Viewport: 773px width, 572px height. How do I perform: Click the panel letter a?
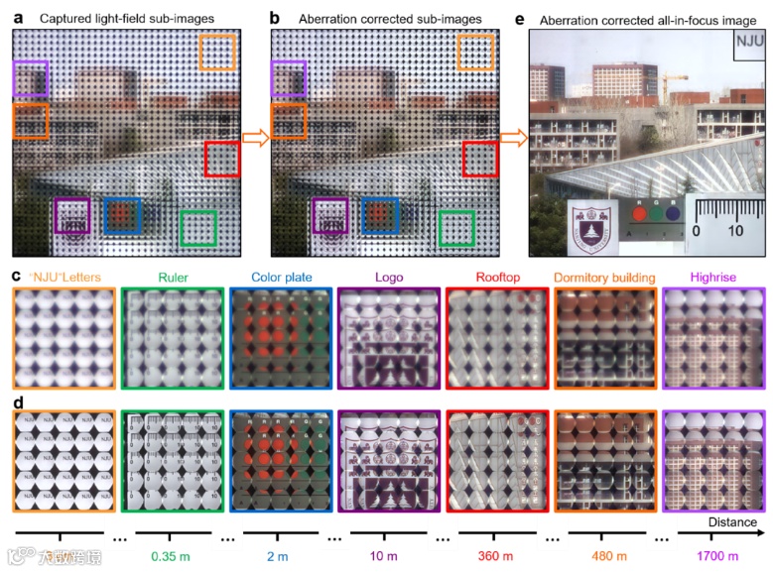[19, 17]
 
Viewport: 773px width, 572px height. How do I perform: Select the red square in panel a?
[221, 160]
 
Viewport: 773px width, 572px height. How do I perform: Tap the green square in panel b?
[456, 227]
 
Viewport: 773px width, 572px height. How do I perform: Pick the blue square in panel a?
[123, 215]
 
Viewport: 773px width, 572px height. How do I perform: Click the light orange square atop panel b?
[475, 51]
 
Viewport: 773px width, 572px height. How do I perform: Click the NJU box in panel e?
[750, 46]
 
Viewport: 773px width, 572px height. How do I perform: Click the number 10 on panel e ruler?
[735, 231]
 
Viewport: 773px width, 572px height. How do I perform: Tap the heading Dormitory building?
[603, 278]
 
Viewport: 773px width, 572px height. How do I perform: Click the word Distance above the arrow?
[732, 522]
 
